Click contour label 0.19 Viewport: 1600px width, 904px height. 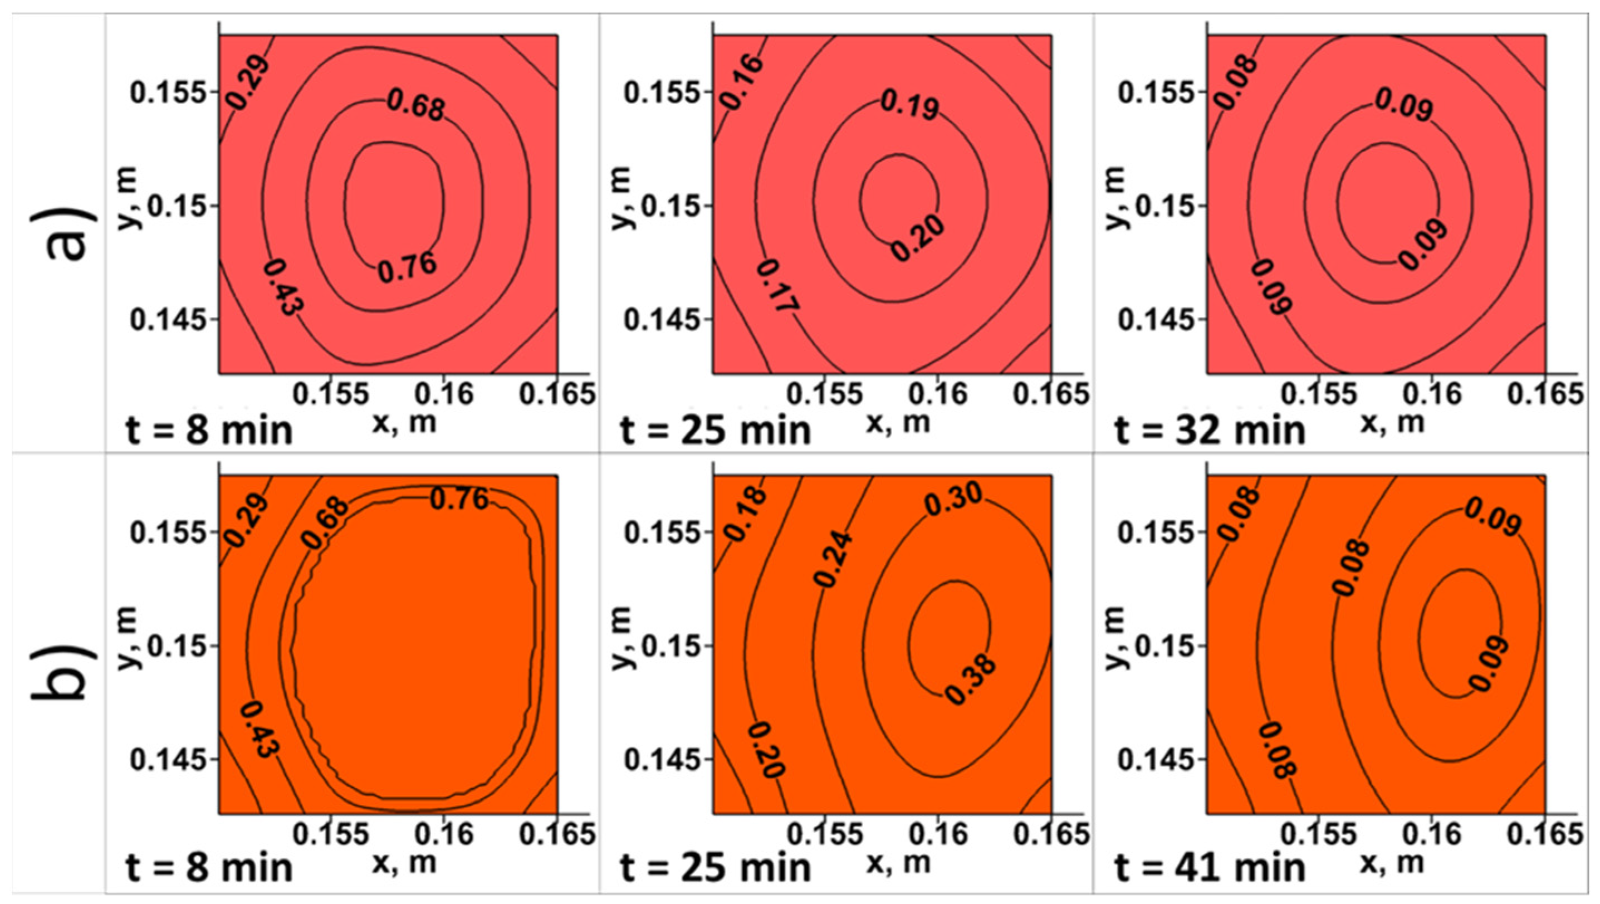tap(910, 105)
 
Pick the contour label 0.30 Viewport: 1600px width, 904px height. tap(955, 500)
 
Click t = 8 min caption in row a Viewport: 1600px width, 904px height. tap(209, 431)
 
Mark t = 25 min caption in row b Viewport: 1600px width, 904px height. tap(716, 868)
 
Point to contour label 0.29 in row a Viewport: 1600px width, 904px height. tap(248, 82)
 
